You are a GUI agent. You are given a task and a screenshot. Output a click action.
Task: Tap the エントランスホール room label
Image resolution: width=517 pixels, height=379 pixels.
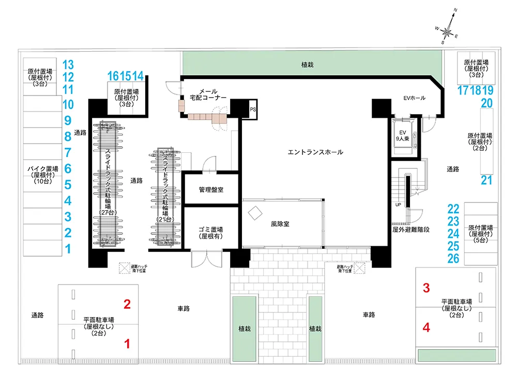click(x=315, y=152)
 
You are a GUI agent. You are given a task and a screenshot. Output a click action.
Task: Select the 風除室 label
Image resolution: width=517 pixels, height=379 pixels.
click(x=281, y=225)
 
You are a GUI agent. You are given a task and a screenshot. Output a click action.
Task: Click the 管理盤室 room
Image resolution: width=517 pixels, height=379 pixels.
click(x=211, y=189)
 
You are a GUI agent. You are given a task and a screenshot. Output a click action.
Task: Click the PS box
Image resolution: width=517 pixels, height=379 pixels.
click(x=253, y=109)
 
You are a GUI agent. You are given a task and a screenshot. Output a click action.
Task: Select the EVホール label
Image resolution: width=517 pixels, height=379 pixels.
click(x=414, y=98)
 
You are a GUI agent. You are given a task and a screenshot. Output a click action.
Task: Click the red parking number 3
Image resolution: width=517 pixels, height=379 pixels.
click(x=427, y=288)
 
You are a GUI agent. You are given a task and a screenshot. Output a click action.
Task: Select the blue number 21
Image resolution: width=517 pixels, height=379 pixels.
click(x=486, y=180)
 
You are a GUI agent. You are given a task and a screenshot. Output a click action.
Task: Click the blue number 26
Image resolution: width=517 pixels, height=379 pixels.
click(x=453, y=258)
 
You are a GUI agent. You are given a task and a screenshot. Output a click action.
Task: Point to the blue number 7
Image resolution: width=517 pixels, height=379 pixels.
click(x=68, y=153)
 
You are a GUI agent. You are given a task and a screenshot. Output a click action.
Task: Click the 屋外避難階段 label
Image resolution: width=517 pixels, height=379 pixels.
click(x=412, y=228)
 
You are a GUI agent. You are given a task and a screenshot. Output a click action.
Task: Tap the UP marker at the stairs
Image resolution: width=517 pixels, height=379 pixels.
click(x=398, y=204)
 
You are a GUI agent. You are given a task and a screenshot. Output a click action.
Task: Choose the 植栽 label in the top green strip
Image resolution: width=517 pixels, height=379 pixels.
click(x=308, y=65)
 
